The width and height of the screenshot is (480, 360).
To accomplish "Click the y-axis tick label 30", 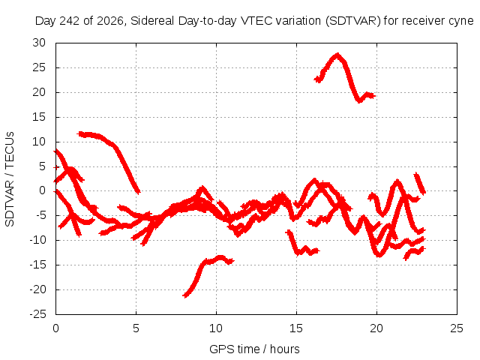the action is point(39,43).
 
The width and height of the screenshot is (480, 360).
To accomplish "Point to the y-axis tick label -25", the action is point(37,314).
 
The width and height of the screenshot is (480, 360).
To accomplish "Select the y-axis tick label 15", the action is point(39,117).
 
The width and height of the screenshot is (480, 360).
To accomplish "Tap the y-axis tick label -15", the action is point(37,265).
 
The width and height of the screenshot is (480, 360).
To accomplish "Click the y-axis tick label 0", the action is point(42,190).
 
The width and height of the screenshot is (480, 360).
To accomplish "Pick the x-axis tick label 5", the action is point(136,328).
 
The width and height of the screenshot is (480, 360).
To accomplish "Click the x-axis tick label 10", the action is point(216,328).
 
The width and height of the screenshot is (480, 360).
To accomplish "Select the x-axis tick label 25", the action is point(457,328).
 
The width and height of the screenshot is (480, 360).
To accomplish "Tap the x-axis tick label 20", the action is point(376,328).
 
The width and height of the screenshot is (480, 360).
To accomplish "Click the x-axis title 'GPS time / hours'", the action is point(254,349).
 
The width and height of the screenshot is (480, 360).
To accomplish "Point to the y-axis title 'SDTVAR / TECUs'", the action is point(10,179).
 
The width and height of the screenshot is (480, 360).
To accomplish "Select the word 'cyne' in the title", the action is point(461,22).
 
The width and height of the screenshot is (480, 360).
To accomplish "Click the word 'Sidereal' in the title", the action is point(152,21).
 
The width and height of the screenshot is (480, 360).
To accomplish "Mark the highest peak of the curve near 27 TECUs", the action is point(337,55).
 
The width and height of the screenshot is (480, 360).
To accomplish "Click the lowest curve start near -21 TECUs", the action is point(184,295).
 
